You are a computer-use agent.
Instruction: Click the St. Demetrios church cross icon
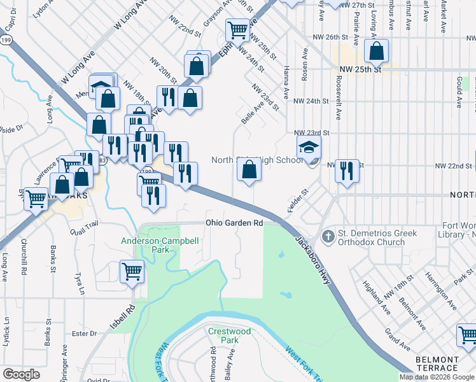click(328, 237)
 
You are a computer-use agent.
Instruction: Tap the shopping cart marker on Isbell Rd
click(132, 272)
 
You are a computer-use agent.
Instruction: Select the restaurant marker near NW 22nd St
click(347, 171)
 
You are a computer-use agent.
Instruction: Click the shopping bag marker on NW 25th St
click(377, 52)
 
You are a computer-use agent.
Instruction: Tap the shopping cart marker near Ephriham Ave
click(237, 29)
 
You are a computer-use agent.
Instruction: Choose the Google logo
click(21, 374)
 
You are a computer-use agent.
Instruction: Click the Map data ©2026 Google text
click(437, 377)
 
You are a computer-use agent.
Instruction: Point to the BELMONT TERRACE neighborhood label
click(437, 364)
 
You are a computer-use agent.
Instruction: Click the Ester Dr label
click(84, 333)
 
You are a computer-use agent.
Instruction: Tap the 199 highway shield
click(6, 40)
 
